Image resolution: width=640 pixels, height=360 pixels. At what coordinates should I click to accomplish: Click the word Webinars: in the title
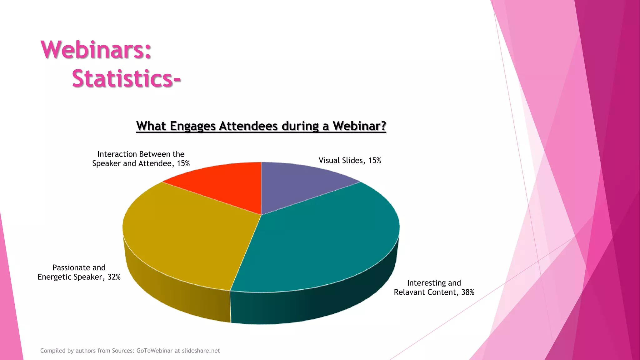[96, 50]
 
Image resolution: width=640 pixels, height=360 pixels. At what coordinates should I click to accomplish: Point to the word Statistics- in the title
[126, 78]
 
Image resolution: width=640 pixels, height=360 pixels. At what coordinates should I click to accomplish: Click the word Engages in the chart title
[193, 126]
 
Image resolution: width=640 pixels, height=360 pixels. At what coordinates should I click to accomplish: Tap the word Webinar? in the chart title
[359, 126]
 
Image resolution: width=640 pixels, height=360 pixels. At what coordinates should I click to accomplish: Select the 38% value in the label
[467, 292]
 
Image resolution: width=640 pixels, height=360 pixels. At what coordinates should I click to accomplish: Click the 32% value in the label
[114, 277]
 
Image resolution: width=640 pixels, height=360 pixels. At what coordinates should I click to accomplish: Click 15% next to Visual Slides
[374, 161]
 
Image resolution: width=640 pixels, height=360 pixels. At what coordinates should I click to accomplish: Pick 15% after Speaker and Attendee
[183, 163]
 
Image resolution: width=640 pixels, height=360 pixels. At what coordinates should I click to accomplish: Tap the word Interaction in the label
[117, 154]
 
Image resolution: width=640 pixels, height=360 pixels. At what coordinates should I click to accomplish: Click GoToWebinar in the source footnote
[154, 351]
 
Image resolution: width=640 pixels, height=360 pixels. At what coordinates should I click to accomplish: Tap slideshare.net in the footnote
[201, 351]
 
